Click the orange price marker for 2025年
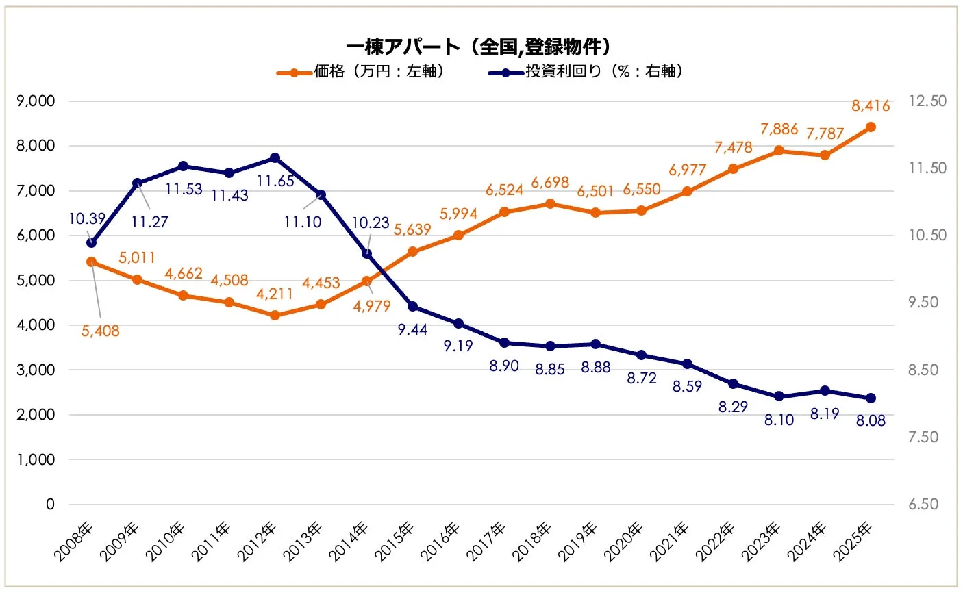coord(871,127)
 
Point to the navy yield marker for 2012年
coord(275,158)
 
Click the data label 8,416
coord(871,106)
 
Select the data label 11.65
coord(275,181)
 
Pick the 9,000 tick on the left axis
coord(36,101)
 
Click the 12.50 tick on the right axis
coord(927,101)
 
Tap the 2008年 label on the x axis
coord(74,542)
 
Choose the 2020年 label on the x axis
coord(624,542)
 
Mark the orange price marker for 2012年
coord(275,316)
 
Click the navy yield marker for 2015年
coord(412,306)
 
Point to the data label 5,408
coord(101,331)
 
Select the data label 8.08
coord(871,421)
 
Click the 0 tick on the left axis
coord(50,505)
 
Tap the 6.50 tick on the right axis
coord(923,505)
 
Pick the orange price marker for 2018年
coord(550,204)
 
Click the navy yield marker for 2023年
coord(779,396)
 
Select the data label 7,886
coord(779,129)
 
